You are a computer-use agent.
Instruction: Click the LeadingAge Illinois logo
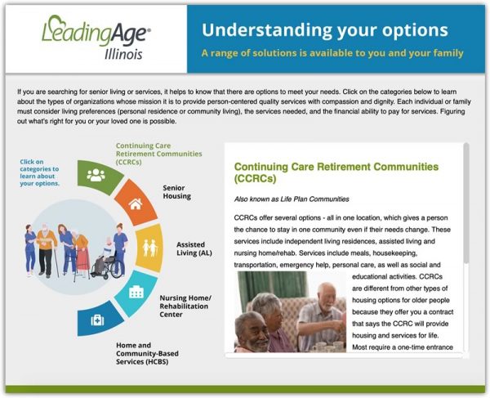click(93, 37)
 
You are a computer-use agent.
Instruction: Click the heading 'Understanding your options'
click(324, 30)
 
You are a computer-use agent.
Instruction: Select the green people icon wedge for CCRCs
click(96, 174)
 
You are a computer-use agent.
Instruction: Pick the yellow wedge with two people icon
click(149, 247)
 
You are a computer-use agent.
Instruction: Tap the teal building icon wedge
click(136, 292)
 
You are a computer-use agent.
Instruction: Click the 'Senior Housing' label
click(176, 191)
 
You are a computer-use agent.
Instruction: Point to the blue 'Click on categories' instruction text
click(39, 172)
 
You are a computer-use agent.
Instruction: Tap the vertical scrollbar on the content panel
click(466, 204)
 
